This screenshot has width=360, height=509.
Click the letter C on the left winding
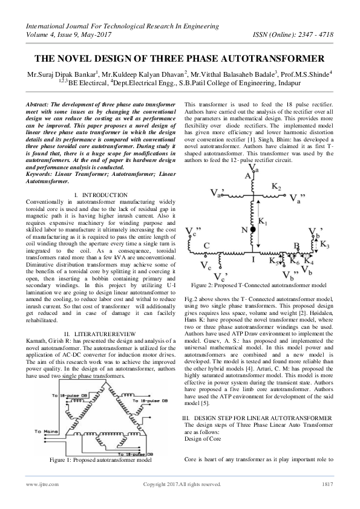click(207, 245)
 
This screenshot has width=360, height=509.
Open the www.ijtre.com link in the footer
click(38, 501)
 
